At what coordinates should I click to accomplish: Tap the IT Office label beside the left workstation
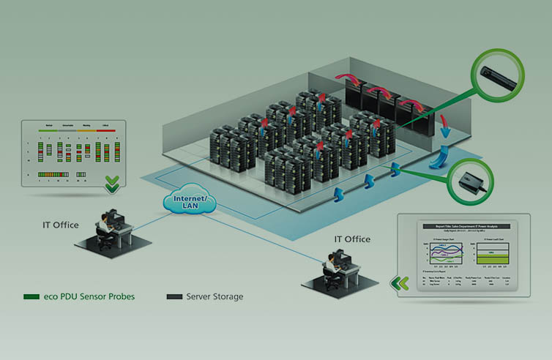[x=60, y=225]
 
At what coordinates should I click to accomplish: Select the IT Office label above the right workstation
[x=352, y=239]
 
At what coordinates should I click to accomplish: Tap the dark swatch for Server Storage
[x=174, y=296]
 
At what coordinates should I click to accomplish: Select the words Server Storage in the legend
[x=214, y=296]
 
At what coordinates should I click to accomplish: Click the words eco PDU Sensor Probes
[x=89, y=296]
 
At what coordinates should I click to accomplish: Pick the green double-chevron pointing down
[x=111, y=185]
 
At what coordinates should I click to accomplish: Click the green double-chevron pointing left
[x=402, y=282]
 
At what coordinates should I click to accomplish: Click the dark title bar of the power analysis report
[x=462, y=227]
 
